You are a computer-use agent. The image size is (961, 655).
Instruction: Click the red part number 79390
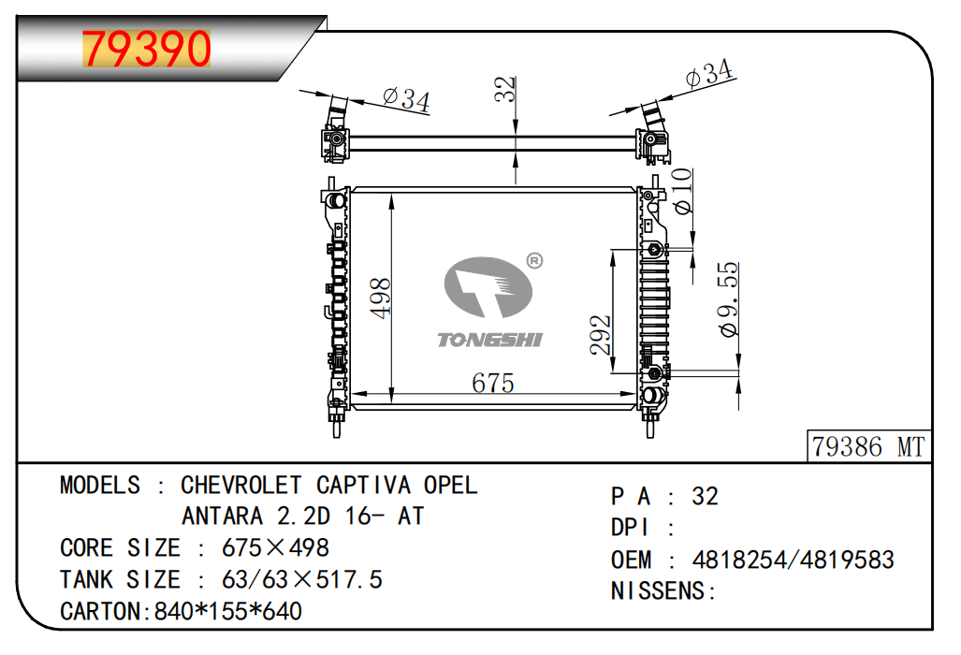coord(147,49)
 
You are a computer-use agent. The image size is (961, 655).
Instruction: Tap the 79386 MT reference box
coord(868,446)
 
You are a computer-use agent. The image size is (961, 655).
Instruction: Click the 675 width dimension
coord(493,383)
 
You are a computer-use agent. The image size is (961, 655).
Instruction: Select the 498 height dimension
coord(381,298)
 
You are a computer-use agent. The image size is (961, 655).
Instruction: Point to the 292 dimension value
coord(601,335)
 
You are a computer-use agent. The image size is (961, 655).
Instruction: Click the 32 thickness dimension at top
coord(505,89)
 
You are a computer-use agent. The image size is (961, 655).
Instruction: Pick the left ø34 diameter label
coord(406,99)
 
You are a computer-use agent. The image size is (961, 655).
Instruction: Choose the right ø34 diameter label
coord(709,73)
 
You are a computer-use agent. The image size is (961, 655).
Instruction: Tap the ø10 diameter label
coord(682,191)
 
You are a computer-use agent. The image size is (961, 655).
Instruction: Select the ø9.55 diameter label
coord(728,299)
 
